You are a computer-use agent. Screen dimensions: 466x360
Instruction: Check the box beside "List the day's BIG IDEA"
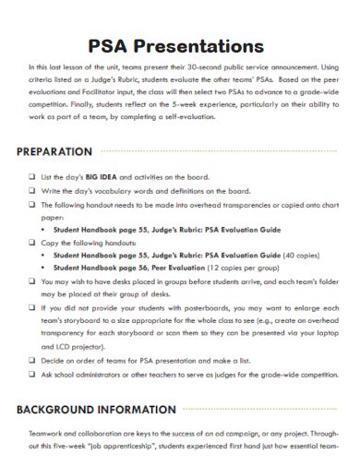pos(33,176)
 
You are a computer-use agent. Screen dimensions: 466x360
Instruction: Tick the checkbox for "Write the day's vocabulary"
pos(33,190)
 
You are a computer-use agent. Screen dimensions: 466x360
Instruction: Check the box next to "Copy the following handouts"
pos(33,241)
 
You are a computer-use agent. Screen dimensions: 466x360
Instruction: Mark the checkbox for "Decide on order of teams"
pos(33,361)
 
